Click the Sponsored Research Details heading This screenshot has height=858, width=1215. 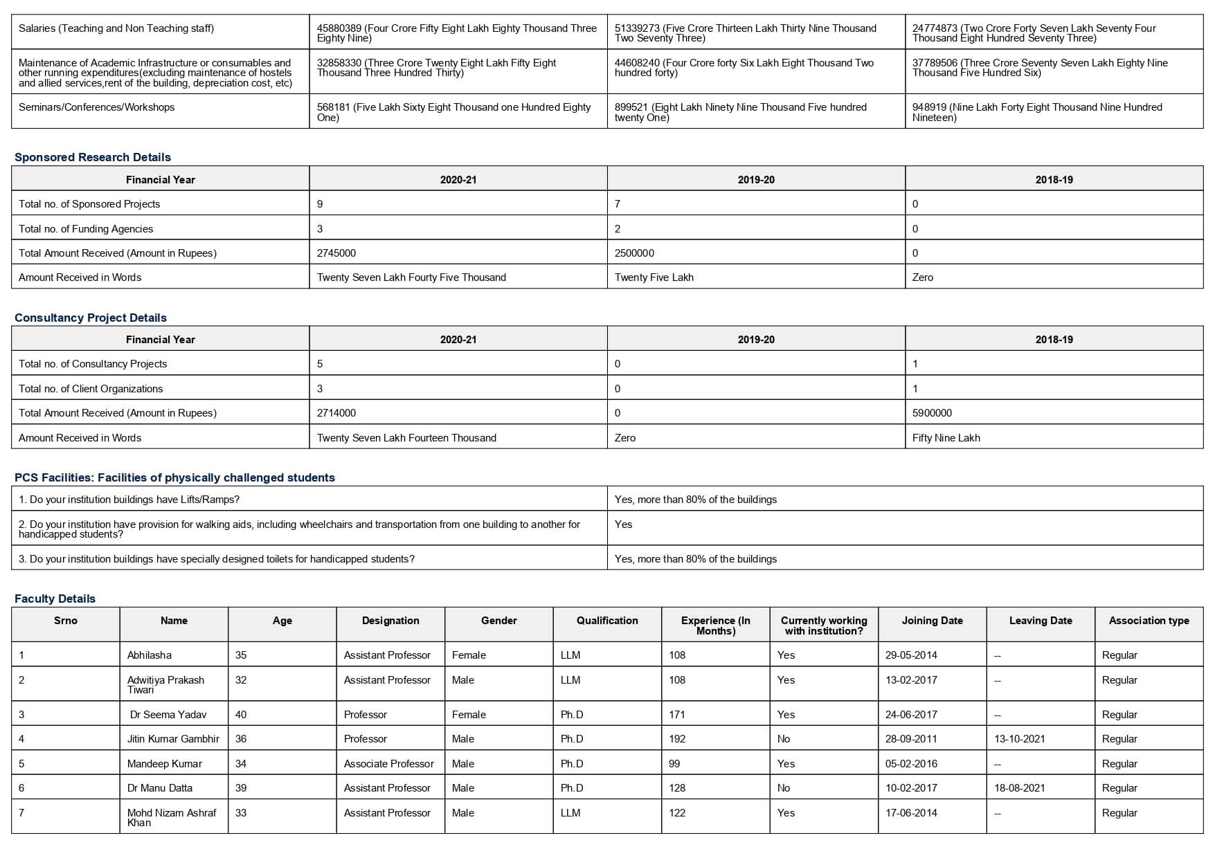click(x=93, y=157)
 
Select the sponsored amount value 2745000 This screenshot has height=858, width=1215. click(x=336, y=253)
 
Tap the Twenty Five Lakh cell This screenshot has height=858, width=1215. click(x=654, y=277)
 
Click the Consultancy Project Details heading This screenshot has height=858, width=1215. click(x=91, y=318)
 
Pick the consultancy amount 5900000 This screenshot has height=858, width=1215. click(x=932, y=413)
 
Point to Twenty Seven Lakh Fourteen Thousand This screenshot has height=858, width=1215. click(x=406, y=438)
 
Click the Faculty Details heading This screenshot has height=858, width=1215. click(x=55, y=599)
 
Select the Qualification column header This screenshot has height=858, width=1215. click(x=607, y=621)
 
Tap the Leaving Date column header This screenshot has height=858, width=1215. click(x=1041, y=621)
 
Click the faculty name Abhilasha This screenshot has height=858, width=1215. click(x=150, y=655)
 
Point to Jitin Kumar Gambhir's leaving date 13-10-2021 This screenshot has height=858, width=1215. click(x=1019, y=739)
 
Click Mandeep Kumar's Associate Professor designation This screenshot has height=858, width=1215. click(x=388, y=764)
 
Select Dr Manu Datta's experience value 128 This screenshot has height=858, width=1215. click(x=677, y=788)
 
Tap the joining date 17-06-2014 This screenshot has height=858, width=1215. click(x=911, y=813)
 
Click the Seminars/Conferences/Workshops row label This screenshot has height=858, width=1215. click(x=97, y=107)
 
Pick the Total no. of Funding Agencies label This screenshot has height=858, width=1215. click(x=86, y=229)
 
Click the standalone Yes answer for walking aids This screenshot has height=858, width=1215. click(x=623, y=524)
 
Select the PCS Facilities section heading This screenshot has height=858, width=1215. click(x=174, y=477)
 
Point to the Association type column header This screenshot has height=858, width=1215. click(x=1149, y=621)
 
